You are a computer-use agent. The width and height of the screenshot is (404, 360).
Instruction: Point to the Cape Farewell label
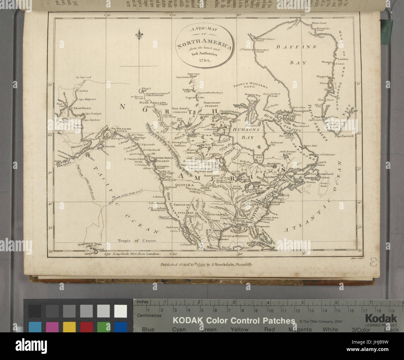click(x=344, y=135)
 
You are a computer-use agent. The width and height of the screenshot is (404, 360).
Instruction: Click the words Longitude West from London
click(x=136, y=254)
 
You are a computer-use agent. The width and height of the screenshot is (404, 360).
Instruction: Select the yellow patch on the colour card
click(x=69, y=326)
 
